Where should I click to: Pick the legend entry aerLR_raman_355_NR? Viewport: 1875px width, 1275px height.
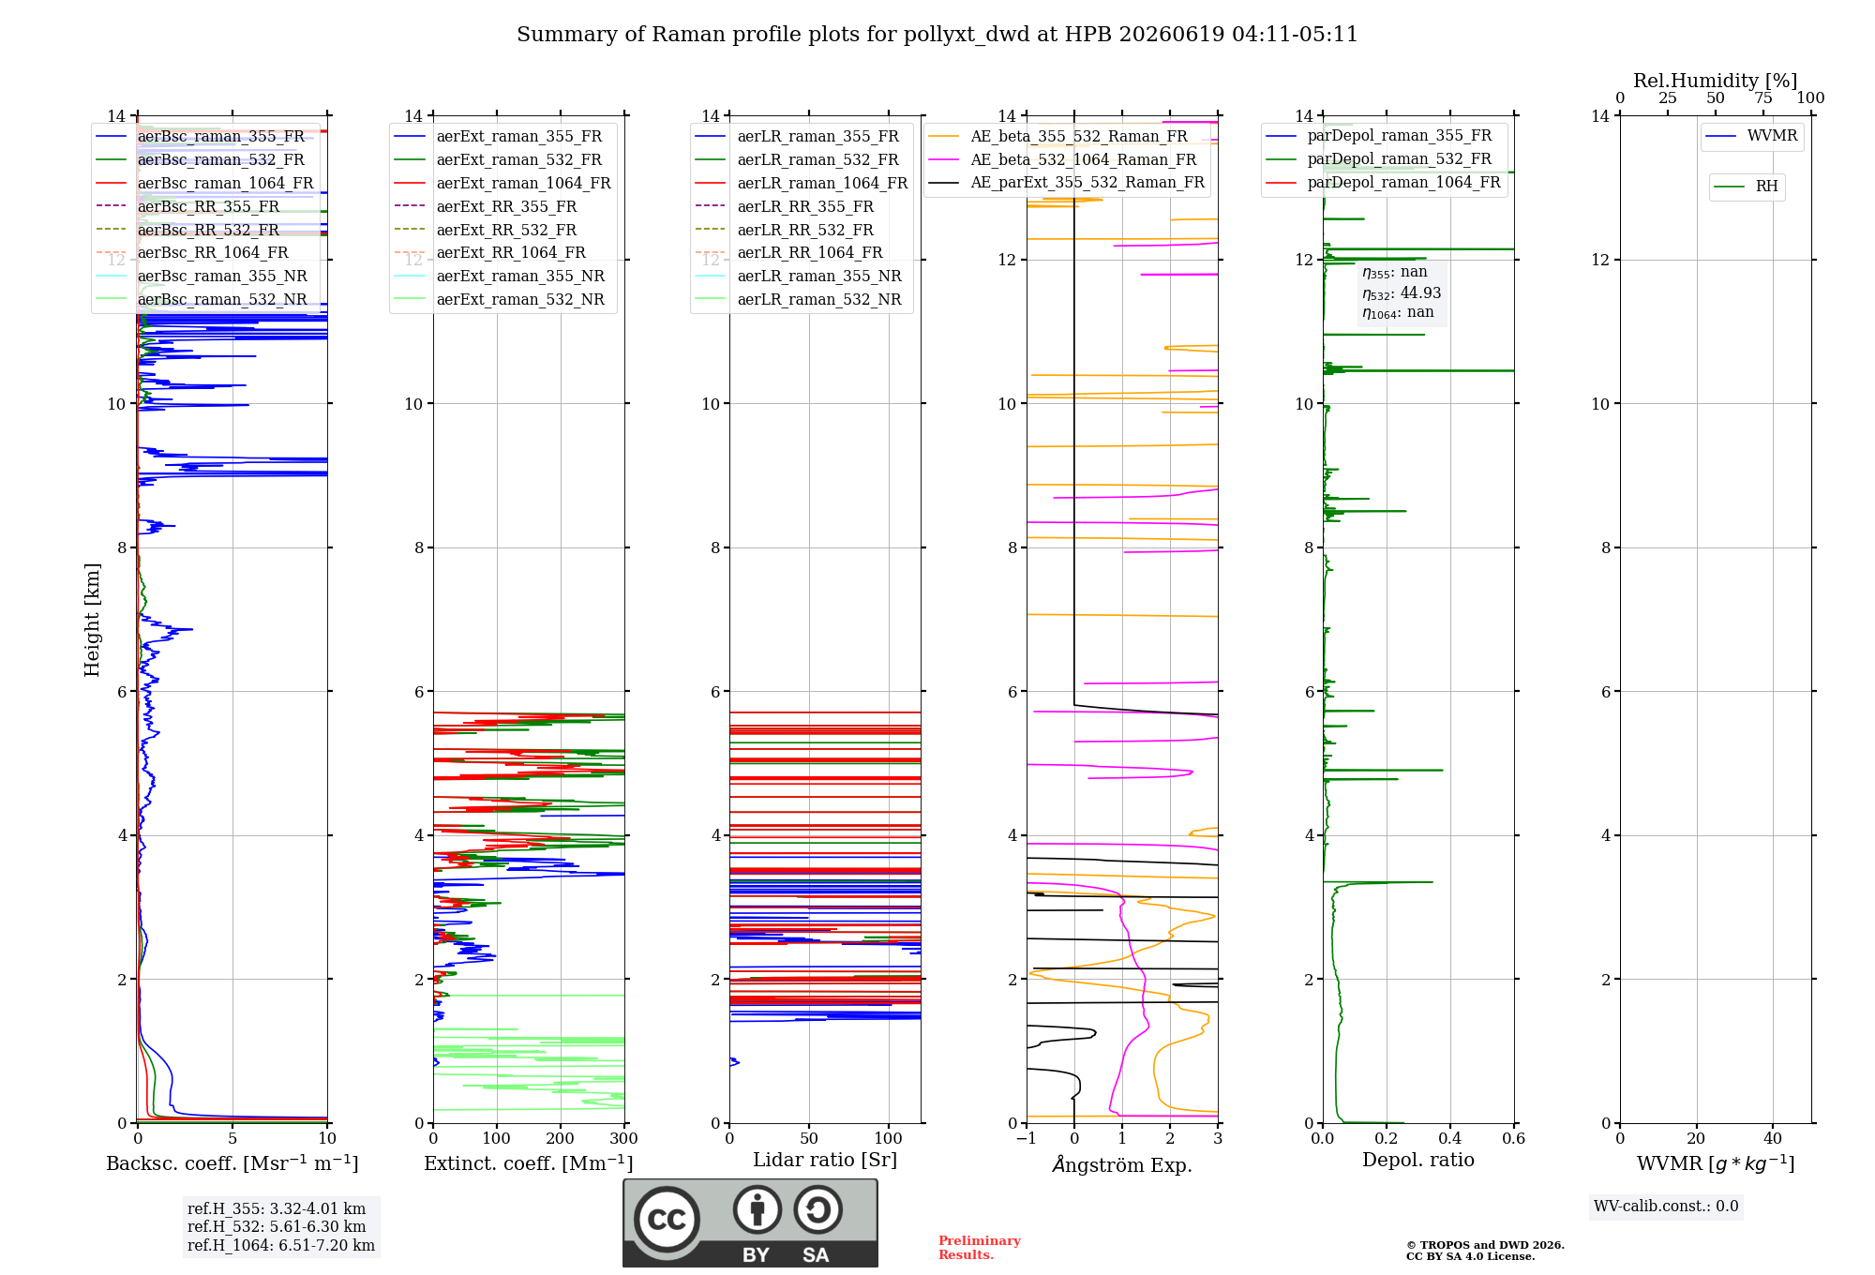pyautogui.click(x=798, y=276)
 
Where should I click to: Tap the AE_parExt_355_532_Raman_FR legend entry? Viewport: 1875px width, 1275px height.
pyautogui.click(x=1066, y=182)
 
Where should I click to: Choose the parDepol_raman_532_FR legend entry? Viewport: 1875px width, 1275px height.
pyautogui.click(x=1378, y=159)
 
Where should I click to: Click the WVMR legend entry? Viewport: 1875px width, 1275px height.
pyautogui.click(x=1751, y=136)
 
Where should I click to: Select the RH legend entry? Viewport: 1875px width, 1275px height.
pyautogui.click(x=1746, y=187)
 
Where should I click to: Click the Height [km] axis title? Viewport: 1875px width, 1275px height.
pyautogui.click(x=92, y=620)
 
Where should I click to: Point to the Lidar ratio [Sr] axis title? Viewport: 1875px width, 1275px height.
pyautogui.click(x=825, y=1160)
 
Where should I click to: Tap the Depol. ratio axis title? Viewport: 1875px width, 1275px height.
pyautogui.click(x=1418, y=1160)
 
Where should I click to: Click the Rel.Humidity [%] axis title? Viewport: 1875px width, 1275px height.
pyautogui.click(x=1716, y=81)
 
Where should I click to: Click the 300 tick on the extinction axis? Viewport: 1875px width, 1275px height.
pyautogui.click(x=623, y=1138)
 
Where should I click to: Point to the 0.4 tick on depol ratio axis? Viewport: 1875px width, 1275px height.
pyautogui.click(x=1449, y=1138)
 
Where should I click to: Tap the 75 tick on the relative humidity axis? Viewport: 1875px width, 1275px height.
pyautogui.click(x=1763, y=98)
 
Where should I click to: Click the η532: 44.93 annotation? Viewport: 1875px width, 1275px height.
pyautogui.click(x=1402, y=293)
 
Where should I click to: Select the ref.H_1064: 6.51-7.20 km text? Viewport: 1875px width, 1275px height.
pyautogui.click(x=281, y=1245)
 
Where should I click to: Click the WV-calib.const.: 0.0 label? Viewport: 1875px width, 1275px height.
pyautogui.click(x=1666, y=1207)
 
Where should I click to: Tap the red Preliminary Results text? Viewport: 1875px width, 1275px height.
pyautogui.click(x=980, y=1248)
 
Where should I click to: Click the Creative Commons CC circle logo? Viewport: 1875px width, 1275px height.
pyautogui.click(x=667, y=1219)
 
